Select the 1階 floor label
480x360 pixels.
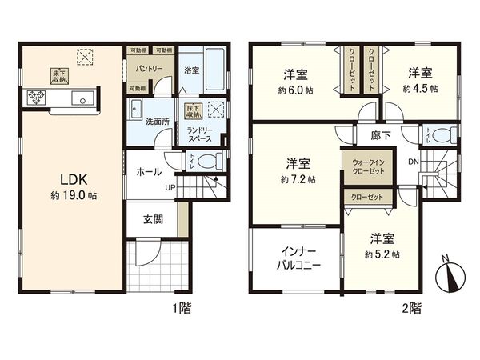point(180,306)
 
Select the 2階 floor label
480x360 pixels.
point(412,306)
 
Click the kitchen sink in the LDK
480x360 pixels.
point(81,99)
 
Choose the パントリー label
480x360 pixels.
point(150,70)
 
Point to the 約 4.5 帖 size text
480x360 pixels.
point(422,89)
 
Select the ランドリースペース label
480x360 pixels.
point(199,133)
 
